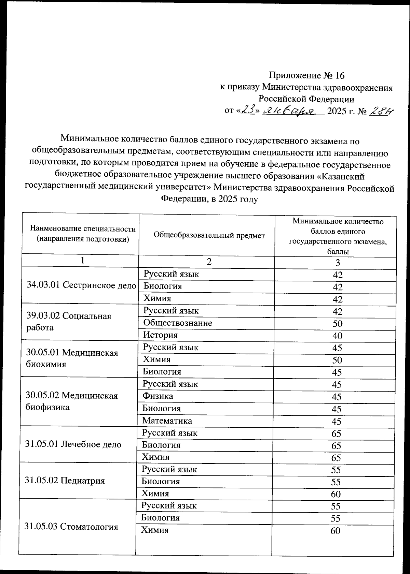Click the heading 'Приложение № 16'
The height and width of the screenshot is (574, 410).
coord(307,75)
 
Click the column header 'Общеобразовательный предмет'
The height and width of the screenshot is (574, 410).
coord(209,235)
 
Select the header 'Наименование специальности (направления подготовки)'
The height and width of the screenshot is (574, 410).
coord(83,234)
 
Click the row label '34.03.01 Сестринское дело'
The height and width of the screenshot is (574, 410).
coord(81,285)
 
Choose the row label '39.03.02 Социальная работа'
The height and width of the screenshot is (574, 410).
coord(69,321)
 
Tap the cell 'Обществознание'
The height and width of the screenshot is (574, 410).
coord(178,323)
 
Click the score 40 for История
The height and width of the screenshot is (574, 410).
coord(337,336)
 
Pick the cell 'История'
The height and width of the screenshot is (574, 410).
coord(160,335)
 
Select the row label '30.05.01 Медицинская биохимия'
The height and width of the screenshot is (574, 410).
coord(72,358)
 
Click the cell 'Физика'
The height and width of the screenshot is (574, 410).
coord(158,396)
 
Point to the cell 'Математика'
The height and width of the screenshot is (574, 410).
coord(167,421)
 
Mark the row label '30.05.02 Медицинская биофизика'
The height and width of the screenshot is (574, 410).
coord(71,401)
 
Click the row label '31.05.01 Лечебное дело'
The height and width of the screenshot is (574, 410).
coord(73,444)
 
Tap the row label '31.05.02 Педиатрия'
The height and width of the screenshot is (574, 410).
coord(65,481)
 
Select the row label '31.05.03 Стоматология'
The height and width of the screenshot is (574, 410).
coord(71,527)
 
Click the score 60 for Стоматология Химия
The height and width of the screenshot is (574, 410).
coord(336,531)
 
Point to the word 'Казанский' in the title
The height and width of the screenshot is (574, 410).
coord(342,176)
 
